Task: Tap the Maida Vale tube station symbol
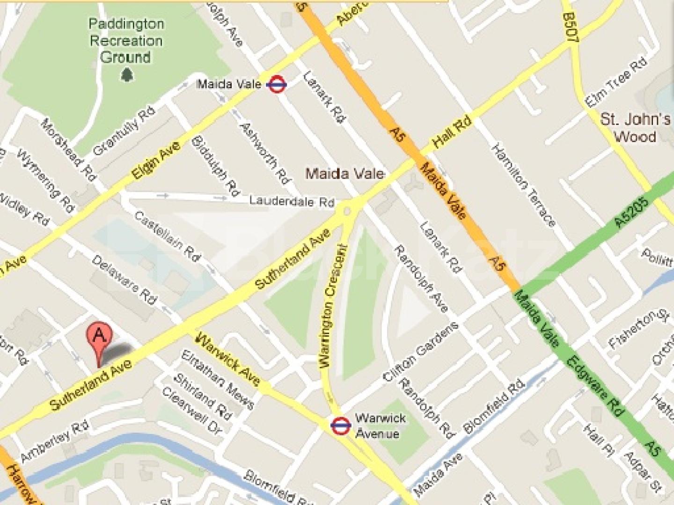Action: [x=276, y=85]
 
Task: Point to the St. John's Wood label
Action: [x=635, y=128]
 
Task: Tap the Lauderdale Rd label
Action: [x=292, y=202]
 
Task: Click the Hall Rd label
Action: [x=452, y=133]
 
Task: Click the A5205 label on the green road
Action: [x=632, y=213]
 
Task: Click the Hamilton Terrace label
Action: [x=523, y=186]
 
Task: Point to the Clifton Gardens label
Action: [x=420, y=352]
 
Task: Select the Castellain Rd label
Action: [x=167, y=236]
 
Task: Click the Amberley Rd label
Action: [x=55, y=441]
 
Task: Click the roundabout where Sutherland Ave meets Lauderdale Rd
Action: [x=347, y=211]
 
